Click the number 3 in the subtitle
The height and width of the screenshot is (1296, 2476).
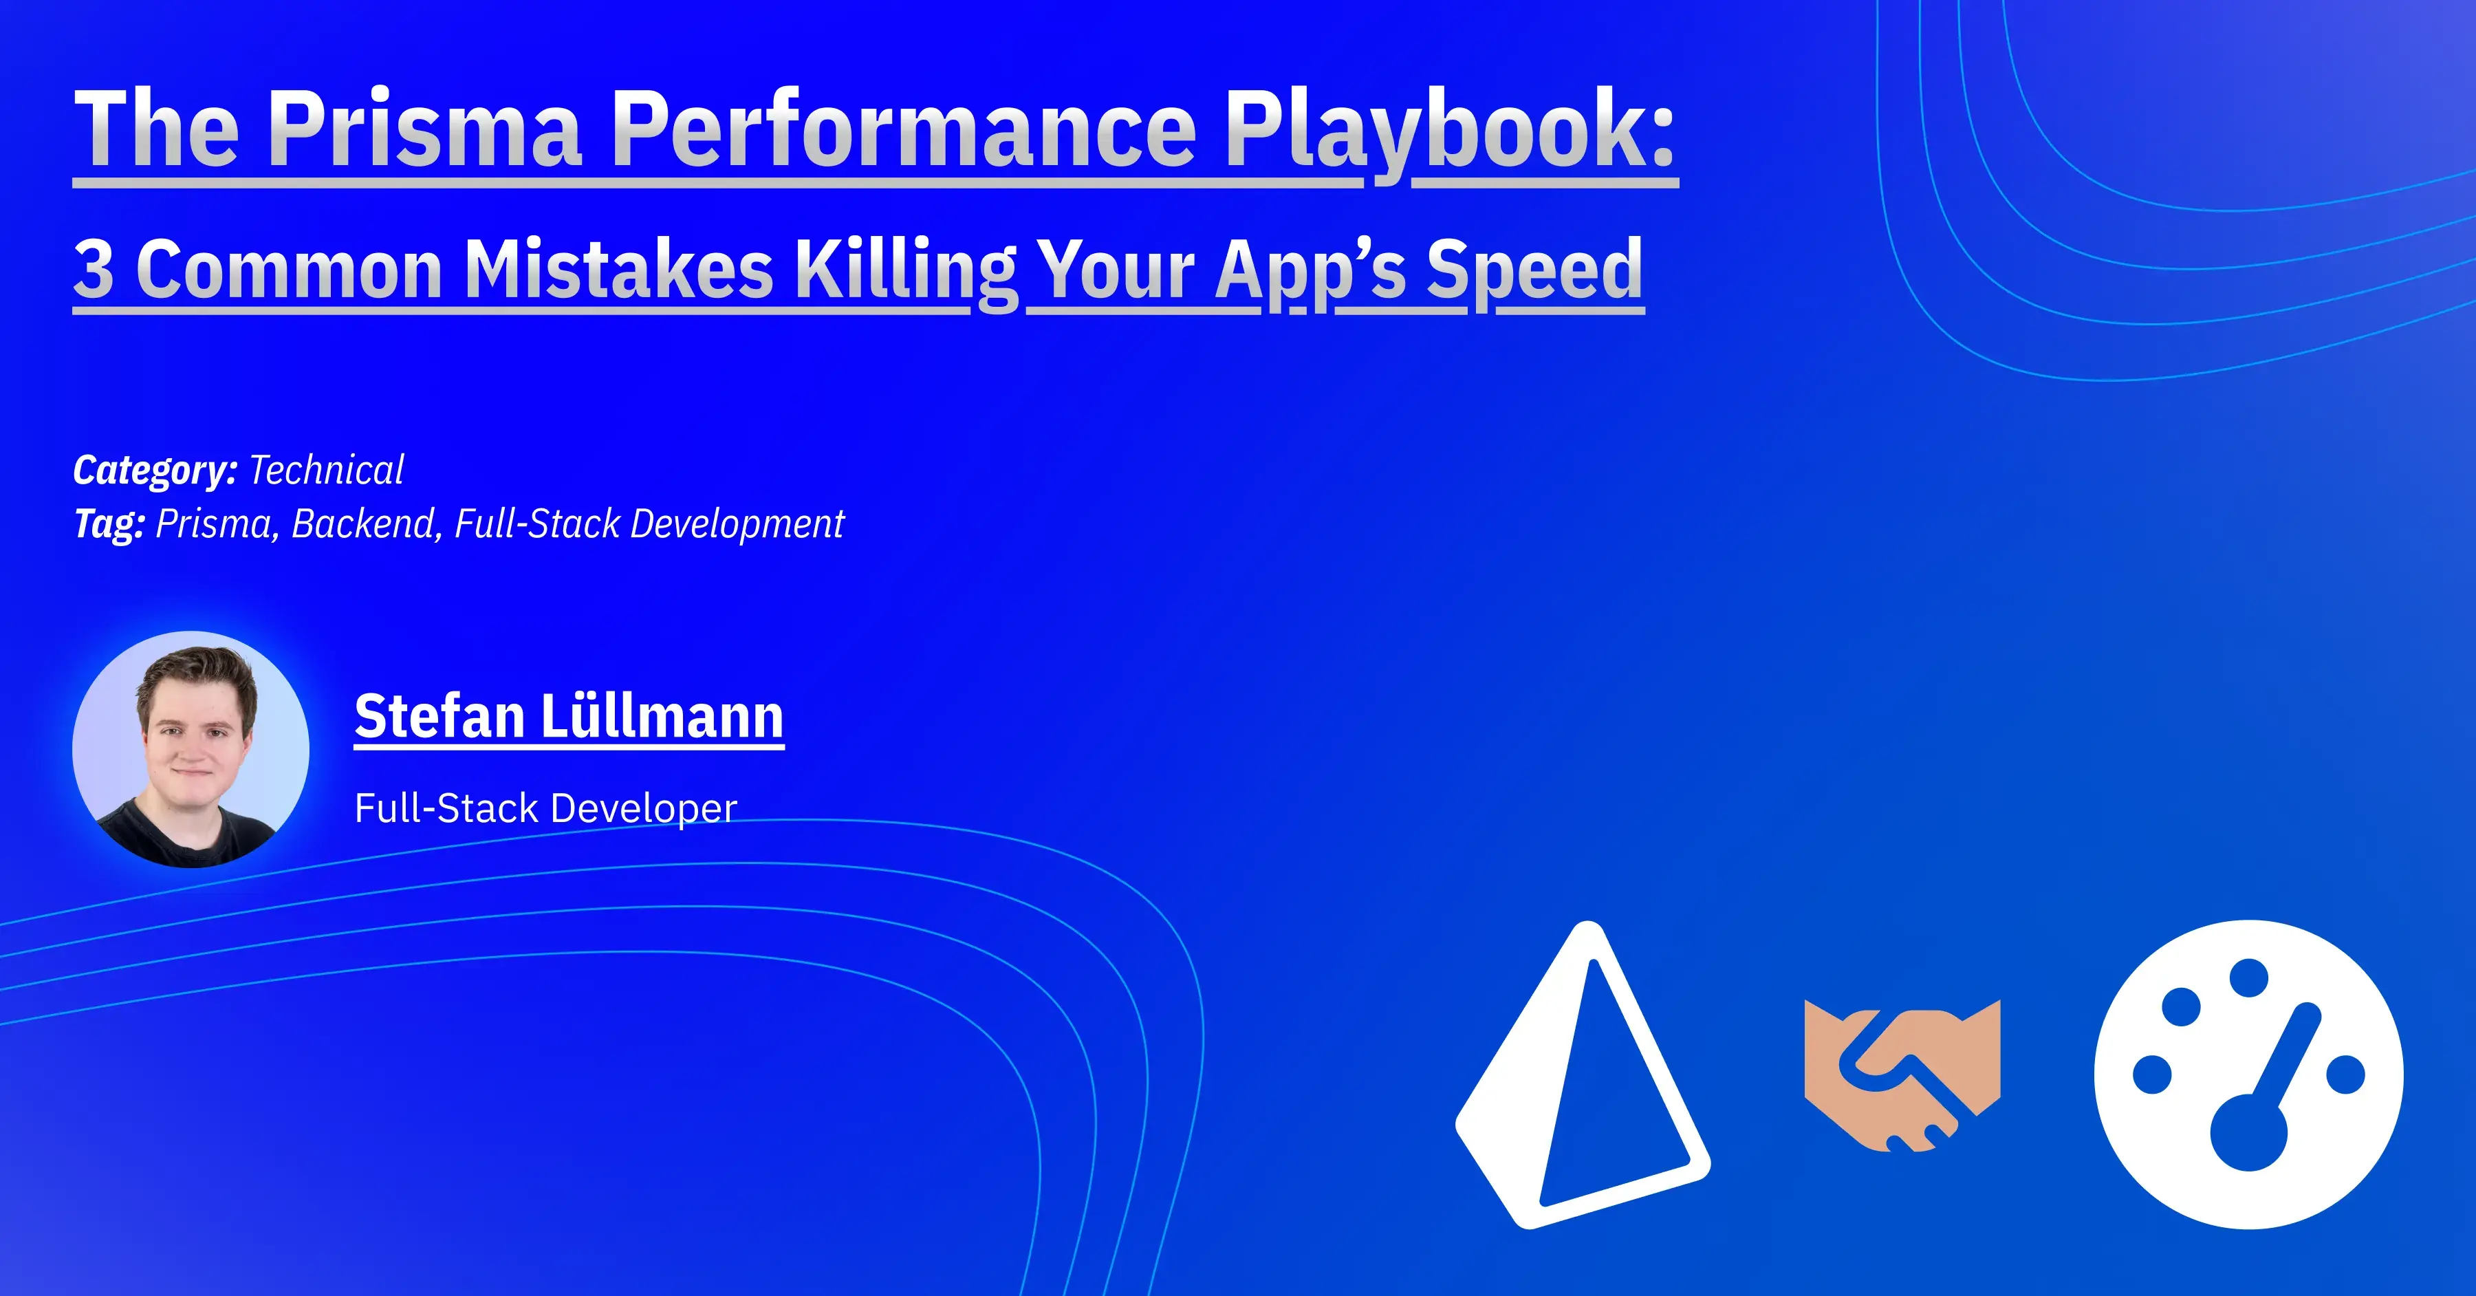click(x=94, y=268)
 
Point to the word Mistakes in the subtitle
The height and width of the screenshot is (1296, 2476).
click(x=618, y=268)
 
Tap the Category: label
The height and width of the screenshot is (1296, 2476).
click(x=155, y=470)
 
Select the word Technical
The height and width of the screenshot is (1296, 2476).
click(x=326, y=470)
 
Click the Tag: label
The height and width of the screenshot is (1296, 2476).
click(x=109, y=524)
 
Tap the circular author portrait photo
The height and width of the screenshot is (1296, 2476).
click(x=191, y=749)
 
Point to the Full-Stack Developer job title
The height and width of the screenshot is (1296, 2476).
click(x=545, y=808)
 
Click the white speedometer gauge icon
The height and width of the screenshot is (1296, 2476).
click(x=2248, y=1074)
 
